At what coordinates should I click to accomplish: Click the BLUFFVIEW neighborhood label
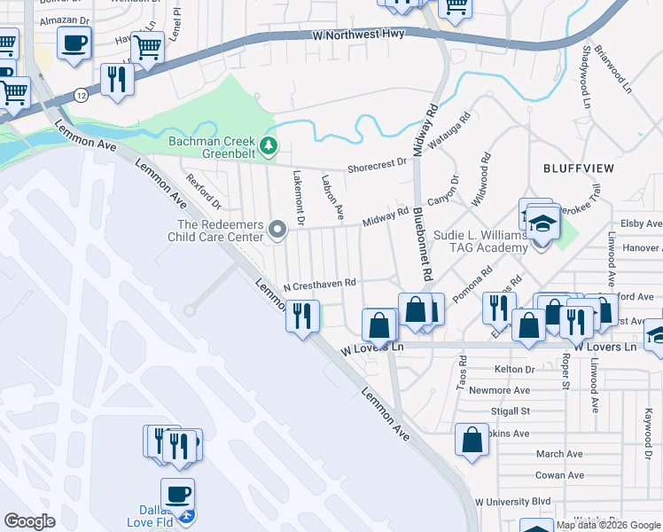(575, 167)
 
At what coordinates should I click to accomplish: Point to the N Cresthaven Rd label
(319, 285)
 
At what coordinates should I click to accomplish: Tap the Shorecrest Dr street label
(377, 166)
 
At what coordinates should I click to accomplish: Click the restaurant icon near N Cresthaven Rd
(303, 316)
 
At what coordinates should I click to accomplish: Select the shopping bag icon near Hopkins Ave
(472, 439)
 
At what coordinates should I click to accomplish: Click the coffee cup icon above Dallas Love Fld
(177, 493)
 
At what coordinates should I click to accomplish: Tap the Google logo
(29, 522)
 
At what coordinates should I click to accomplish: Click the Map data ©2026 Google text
(609, 525)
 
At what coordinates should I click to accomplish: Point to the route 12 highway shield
(81, 95)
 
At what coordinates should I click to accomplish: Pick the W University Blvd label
(513, 501)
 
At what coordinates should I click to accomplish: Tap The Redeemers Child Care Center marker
(277, 231)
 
